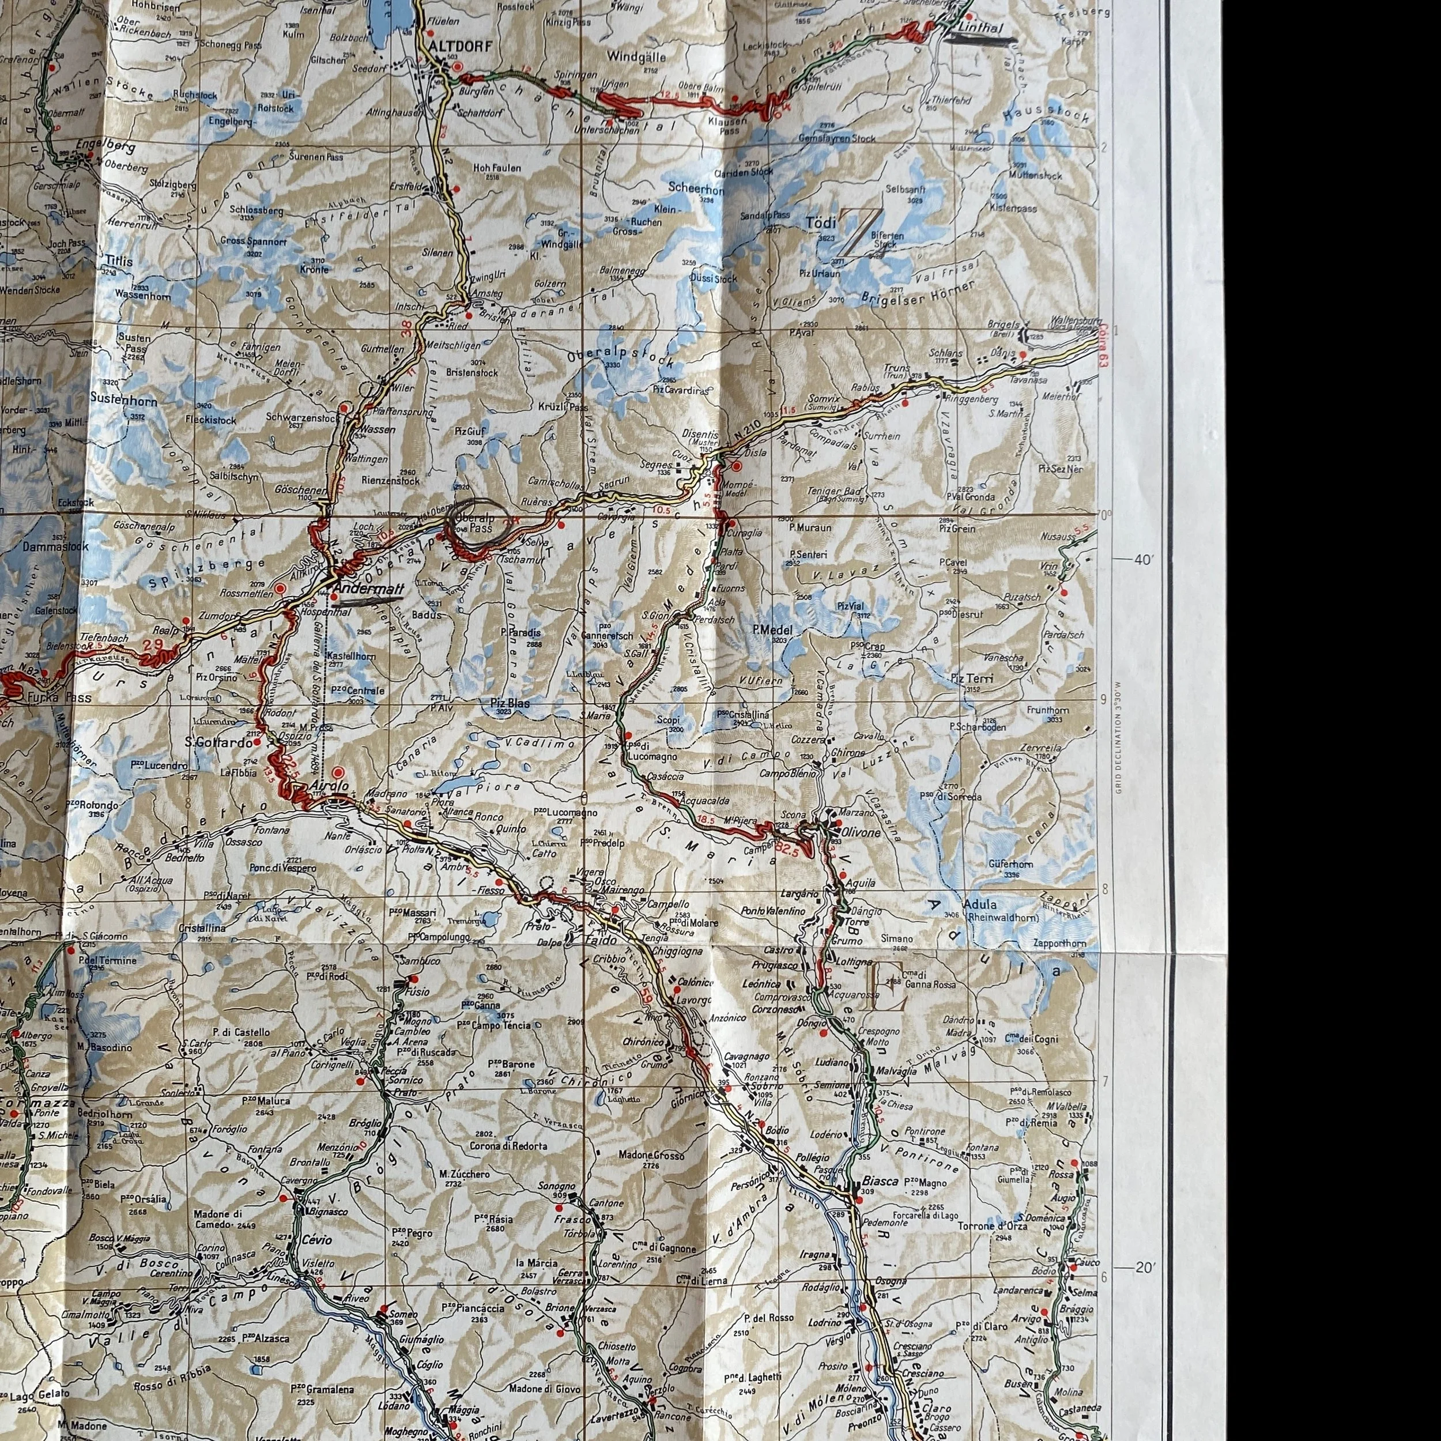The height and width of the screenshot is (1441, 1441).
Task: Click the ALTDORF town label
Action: click(x=462, y=47)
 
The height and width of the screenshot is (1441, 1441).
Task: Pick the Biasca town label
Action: click(x=876, y=1182)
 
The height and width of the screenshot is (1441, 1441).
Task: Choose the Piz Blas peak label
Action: click(x=510, y=702)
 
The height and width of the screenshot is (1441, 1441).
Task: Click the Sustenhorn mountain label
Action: click(x=123, y=401)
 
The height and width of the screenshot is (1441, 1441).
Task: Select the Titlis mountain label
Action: click(x=119, y=262)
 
